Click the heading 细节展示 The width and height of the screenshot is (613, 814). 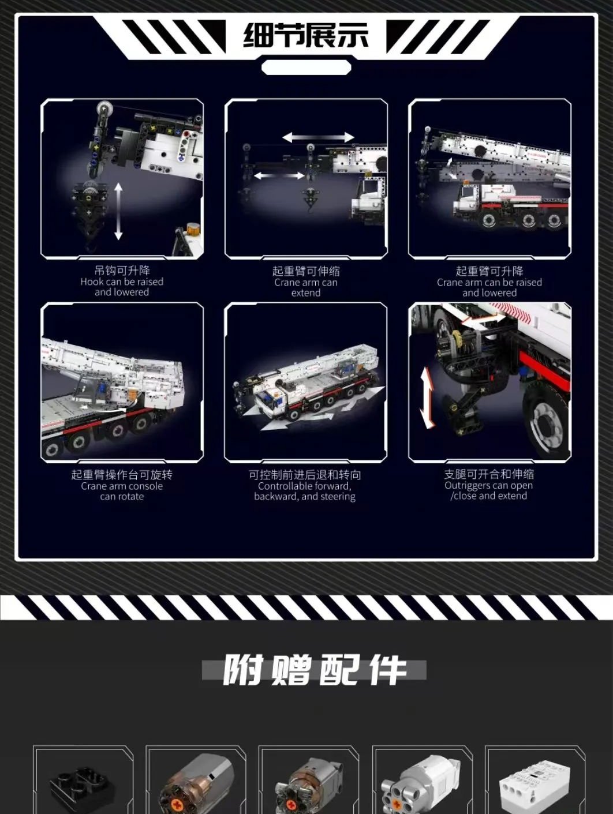pos(306,36)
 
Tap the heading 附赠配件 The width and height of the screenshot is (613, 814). pos(314,670)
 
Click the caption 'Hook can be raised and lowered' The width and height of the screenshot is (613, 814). pos(122,287)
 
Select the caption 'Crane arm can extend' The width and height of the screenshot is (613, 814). pos(306,287)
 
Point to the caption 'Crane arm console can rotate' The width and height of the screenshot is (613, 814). pos(122,491)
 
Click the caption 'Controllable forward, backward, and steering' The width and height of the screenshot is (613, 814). pos(305,491)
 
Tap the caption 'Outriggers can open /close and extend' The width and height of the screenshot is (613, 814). pos(489,490)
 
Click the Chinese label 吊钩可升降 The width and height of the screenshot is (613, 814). pos(122,270)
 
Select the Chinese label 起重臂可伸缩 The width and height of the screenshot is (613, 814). pos(306,271)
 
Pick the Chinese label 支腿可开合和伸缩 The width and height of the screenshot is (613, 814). pos(489,474)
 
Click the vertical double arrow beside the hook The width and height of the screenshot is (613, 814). pos(118,211)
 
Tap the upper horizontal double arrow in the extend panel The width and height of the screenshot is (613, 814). pos(319,137)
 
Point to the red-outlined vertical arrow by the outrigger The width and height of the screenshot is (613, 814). pos(428,397)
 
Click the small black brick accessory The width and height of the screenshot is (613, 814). pos(80,792)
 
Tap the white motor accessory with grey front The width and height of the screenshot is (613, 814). pos(421,786)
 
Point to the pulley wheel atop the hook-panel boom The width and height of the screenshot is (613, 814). pos(103,108)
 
